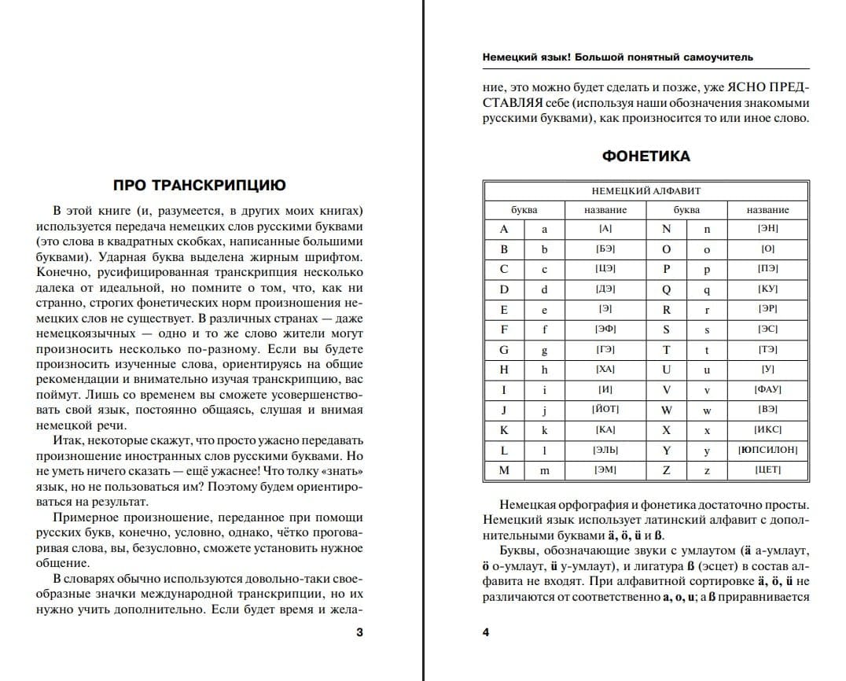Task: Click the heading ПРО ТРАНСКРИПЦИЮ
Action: tap(199, 186)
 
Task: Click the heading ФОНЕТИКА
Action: tap(646, 156)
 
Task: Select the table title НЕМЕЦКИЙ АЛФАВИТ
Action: tap(646, 191)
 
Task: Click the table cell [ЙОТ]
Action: tap(605, 410)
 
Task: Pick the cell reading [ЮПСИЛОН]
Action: tap(767, 450)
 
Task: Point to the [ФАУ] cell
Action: tap(767, 389)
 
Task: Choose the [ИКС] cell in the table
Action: tap(767, 430)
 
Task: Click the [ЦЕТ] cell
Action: tap(767, 470)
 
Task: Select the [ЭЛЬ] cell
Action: tap(605, 450)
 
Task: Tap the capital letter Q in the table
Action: tap(666, 289)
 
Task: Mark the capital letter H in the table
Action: tap(504, 369)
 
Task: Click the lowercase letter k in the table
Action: tap(544, 430)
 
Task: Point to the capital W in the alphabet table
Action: tap(666, 410)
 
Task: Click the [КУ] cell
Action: tap(767, 289)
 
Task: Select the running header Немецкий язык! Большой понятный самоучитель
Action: tap(617, 57)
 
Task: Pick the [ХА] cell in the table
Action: tap(605, 369)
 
